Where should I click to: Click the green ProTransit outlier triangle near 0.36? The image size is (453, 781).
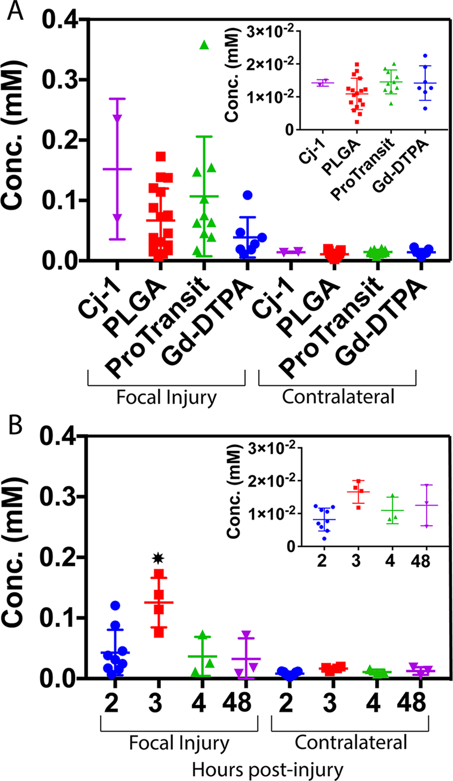click(x=204, y=45)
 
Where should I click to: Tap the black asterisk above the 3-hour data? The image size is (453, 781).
click(x=158, y=559)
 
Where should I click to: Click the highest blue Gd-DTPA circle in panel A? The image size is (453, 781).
click(x=247, y=196)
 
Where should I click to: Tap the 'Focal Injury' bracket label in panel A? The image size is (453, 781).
click(x=167, y=398)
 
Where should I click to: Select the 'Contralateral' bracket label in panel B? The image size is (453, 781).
click(x=351, y=742)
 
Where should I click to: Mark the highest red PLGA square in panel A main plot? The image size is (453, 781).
click(x=160, y=157)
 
